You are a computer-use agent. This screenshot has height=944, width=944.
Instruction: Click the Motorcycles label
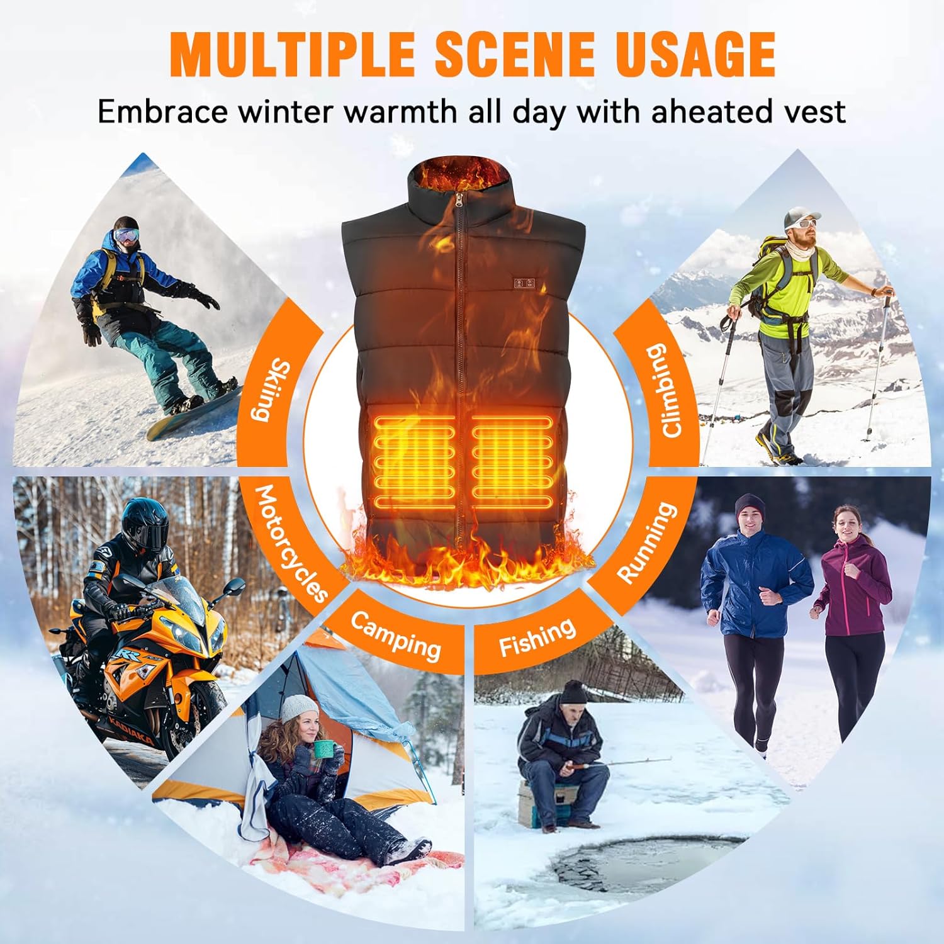[x=291, y=542]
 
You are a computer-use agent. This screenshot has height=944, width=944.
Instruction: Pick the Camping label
[x=395, y=636]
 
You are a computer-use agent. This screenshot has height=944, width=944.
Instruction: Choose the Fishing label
[x=537, y=637]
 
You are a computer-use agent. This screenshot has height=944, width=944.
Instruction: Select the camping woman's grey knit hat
[x=299, y=709]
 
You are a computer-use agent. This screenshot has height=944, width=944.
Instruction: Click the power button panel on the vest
[x=524, y=283]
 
